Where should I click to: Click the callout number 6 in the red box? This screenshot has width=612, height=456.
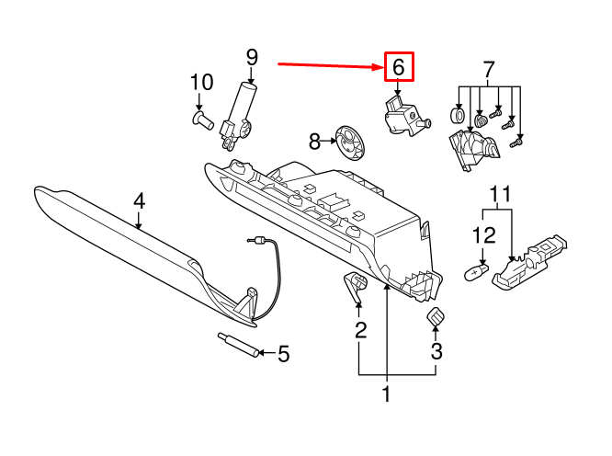pyautogui.click(x=398, y=67)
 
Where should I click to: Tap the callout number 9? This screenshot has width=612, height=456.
pyautogui.click(x=252, y=59)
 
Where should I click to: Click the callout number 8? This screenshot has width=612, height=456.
pyautogui.click(x=315, y=142)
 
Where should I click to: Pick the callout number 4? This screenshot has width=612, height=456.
pyautogui.click(x=139, y=200)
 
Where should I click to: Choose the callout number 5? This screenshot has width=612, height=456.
pyautogui.click(x=283, y=353)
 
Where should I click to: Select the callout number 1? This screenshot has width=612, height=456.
pyautogui.click(x=387, y=395)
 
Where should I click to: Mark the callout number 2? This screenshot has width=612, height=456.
pyautogui.click(x=360, y=328)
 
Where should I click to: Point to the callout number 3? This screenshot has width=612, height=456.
pyautogui.click(x=436, y=350)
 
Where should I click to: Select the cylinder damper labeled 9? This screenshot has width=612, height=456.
pyautogui.click(x=240, y=112)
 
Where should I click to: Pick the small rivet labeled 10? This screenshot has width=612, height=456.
pyautogui.click(x=202, y=119)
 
